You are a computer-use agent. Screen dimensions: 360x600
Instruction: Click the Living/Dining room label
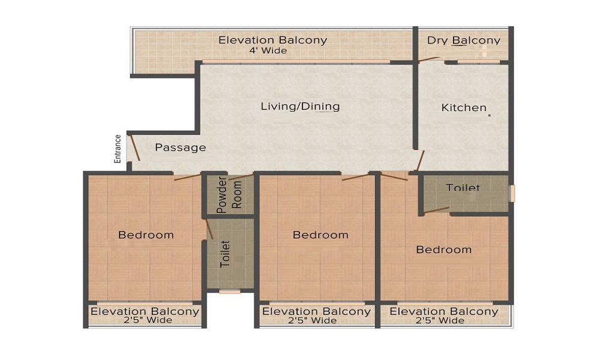coord(300,107)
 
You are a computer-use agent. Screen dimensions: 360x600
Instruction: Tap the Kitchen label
coord(464,108)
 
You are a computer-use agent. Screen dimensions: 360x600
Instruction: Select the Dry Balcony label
coord(464,41)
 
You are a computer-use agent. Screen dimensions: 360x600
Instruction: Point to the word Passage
coord(180,148)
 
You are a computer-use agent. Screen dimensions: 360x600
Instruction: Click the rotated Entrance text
coord(118,149)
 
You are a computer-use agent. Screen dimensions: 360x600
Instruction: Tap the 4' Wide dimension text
coord(268,51)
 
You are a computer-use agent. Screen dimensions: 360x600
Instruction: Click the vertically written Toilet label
coord(226,254)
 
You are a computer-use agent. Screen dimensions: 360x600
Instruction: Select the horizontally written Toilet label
coord(463,188)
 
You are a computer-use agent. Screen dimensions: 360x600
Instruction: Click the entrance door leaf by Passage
coord(135,148)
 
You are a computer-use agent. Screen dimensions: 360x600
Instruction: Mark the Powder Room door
coord(241,177)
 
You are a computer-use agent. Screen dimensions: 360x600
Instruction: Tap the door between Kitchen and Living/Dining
coord(421,161)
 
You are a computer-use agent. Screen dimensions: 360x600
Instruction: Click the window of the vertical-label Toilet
coord(229,292)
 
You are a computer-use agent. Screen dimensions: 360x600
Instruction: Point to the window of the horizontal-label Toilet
coord(512,193)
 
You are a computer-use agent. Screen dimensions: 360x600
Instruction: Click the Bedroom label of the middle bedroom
coord(320,235)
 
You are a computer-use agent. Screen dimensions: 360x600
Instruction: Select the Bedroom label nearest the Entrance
coord(146,235)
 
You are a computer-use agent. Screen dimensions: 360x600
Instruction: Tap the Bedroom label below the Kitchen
coord(444,250)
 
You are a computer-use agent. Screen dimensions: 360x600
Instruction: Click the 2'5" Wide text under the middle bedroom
coord(316,321)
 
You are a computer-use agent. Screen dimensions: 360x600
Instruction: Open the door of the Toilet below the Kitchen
coord(436,210)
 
